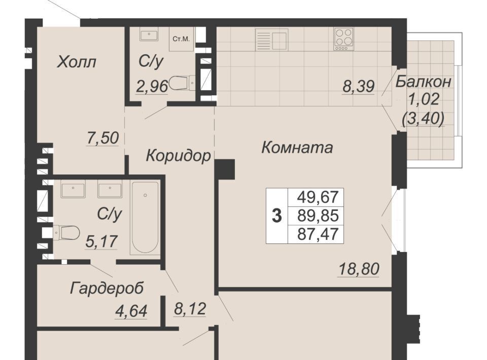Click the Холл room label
pos(77,62)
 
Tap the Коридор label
pos(178,156)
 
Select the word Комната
pos(297,148)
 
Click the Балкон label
pos(423,82)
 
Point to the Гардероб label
pos(107,289)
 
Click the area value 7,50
pos(102,138)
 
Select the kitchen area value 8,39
pos(359,86)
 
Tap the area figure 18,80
pos(359,269)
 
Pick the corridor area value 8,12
pos(189,309)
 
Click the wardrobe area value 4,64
pos(131,311)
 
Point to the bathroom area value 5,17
pos(101,241)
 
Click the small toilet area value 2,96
pos(152,86)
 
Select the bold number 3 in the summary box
pos(277,216)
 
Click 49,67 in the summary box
pos(318,197)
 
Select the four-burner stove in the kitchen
pos(344,40)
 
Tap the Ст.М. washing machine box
pos(182,40)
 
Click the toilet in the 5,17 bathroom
pos(66,232)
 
